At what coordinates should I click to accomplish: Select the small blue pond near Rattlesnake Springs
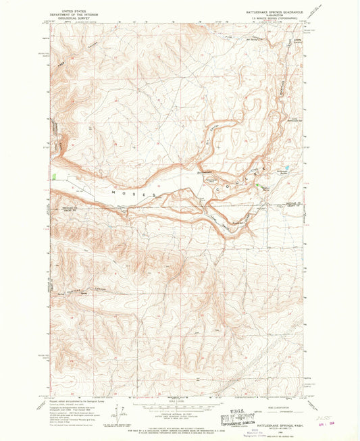coord(286,167)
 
